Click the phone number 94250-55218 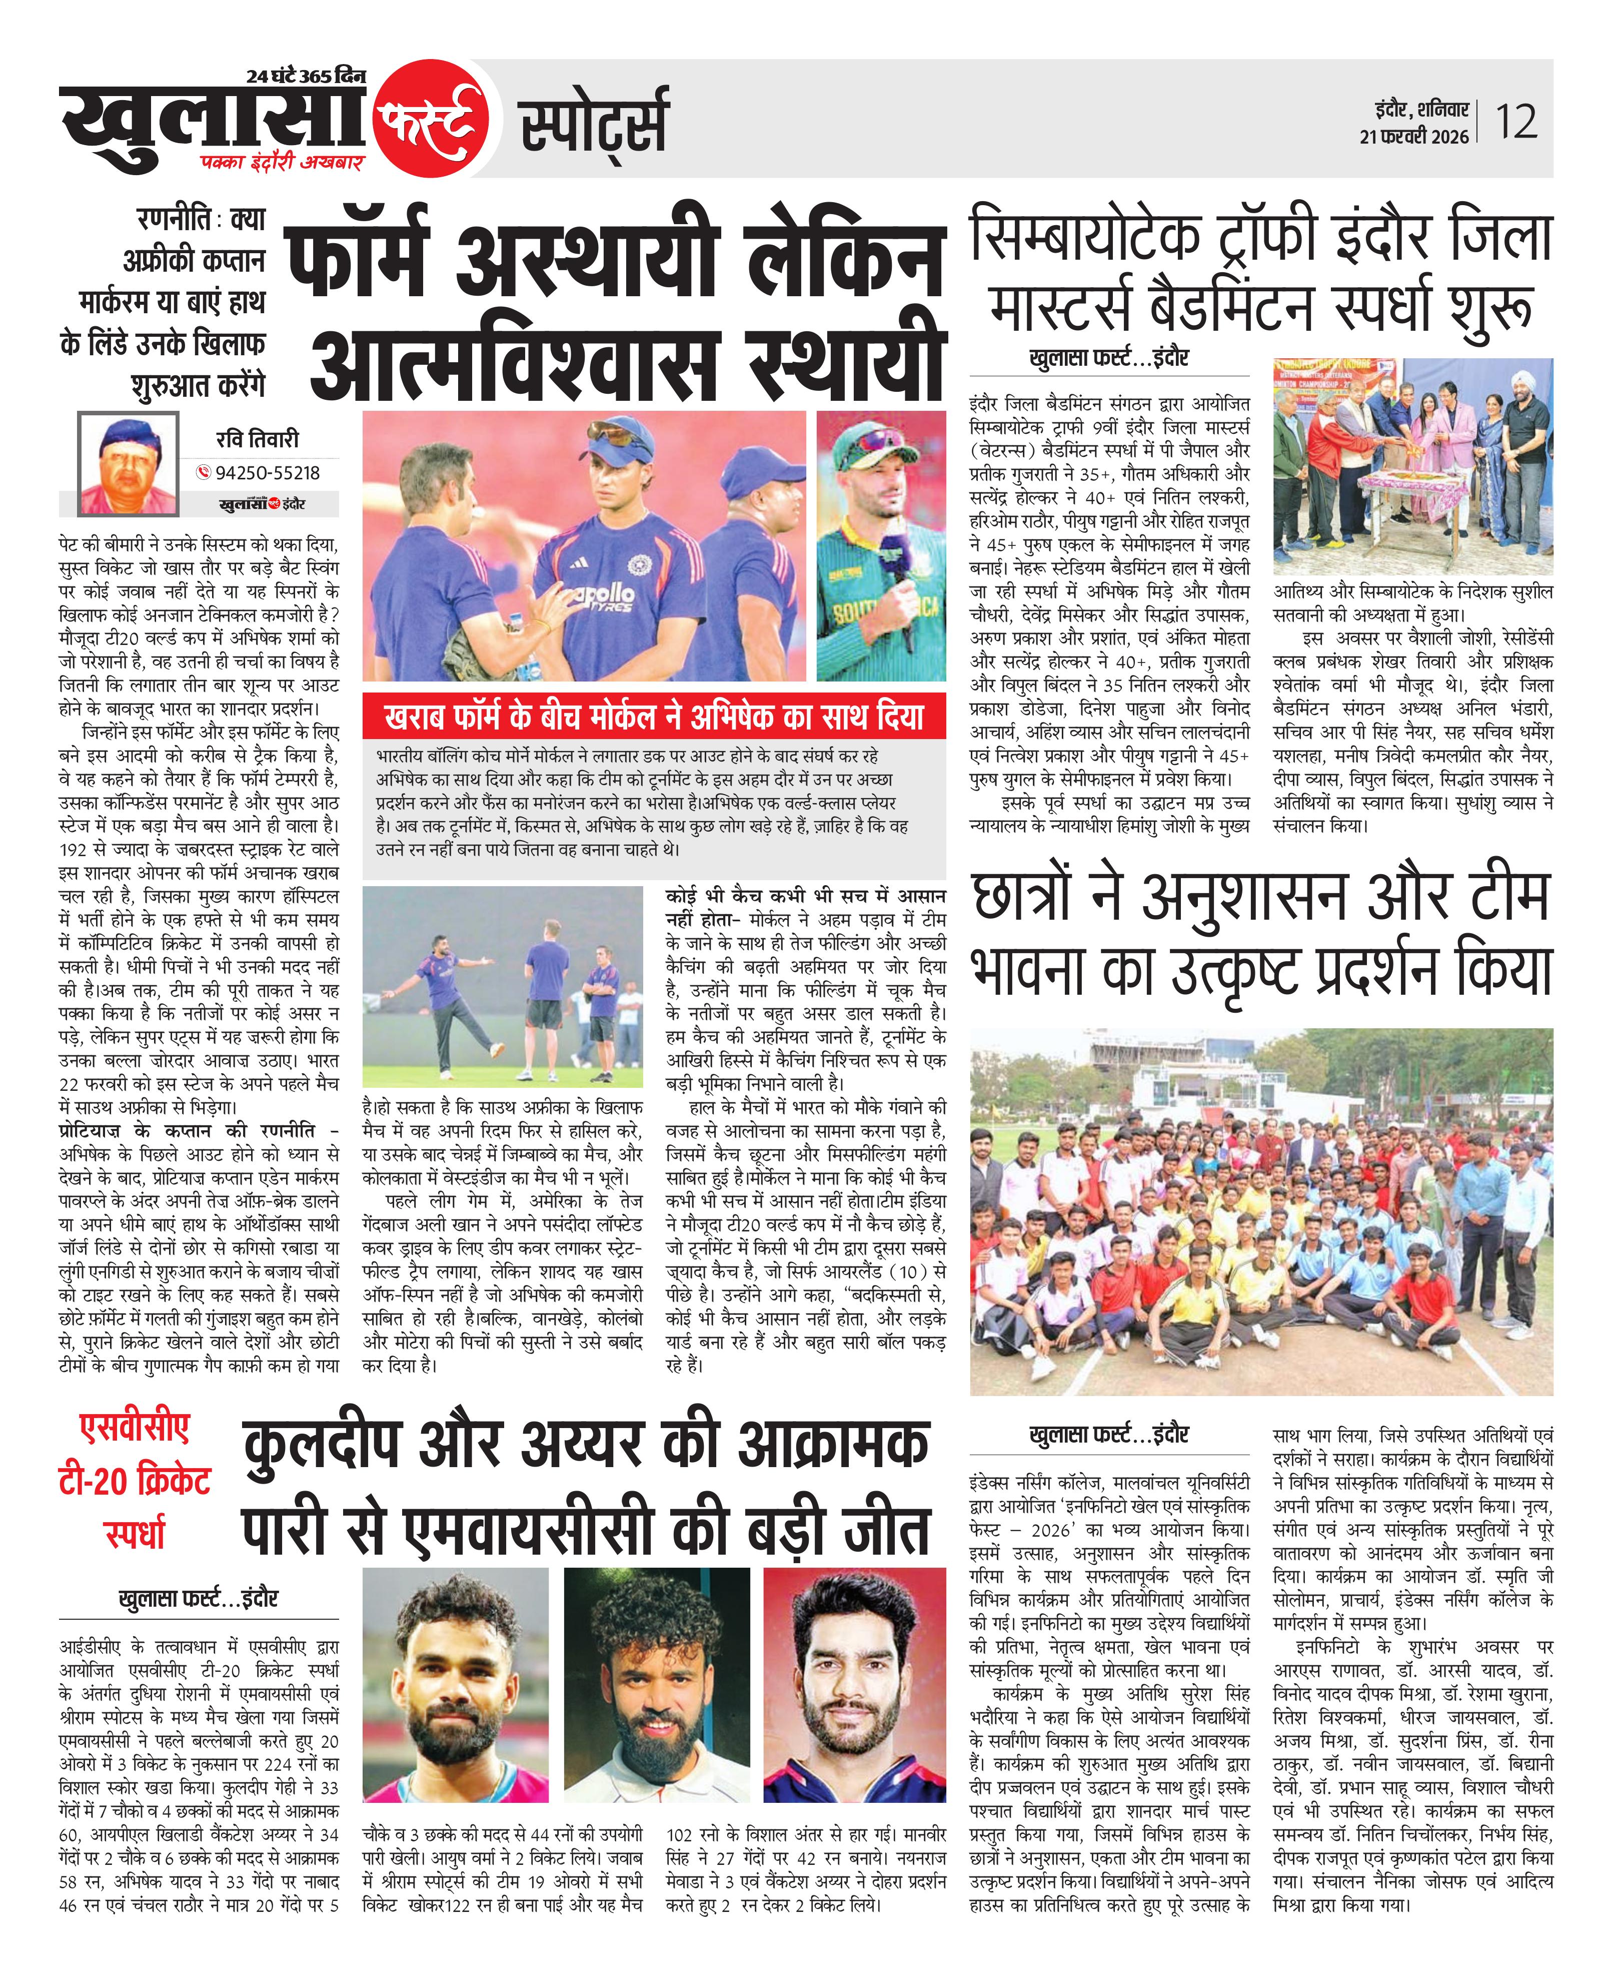(268, 473)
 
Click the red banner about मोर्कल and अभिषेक (653, 717)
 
